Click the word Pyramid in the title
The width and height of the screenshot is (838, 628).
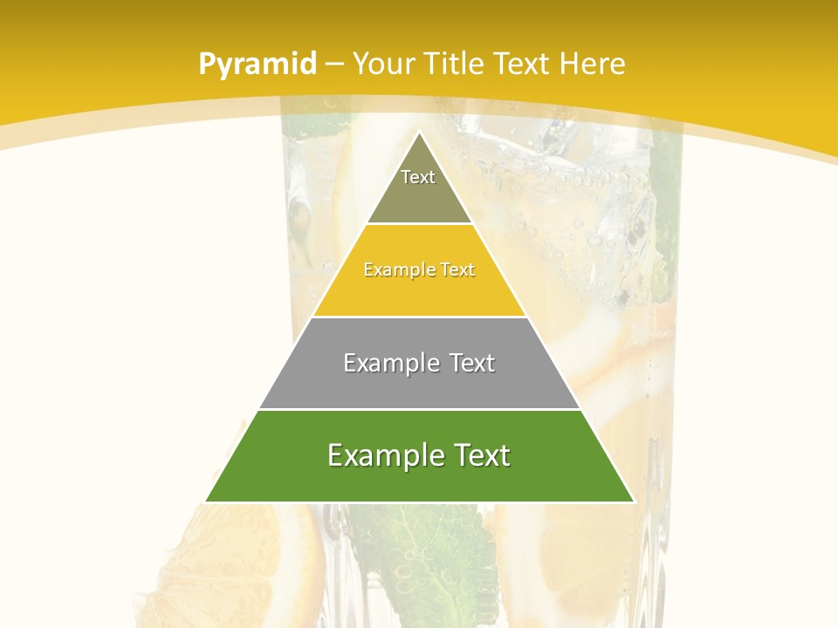[x=257, y=65]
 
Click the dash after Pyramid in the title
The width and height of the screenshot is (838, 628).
[x=333, y=65]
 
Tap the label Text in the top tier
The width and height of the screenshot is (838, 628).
[x=418, y=177]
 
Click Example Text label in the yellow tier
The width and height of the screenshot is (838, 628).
[x=419, y=270]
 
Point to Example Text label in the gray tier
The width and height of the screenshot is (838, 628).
[x=419, y=363]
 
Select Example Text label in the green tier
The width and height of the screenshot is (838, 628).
[x=419, y=455]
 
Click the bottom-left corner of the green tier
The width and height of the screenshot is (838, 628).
[x=206, y=502]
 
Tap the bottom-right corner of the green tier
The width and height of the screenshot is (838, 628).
[x=633, y=502]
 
